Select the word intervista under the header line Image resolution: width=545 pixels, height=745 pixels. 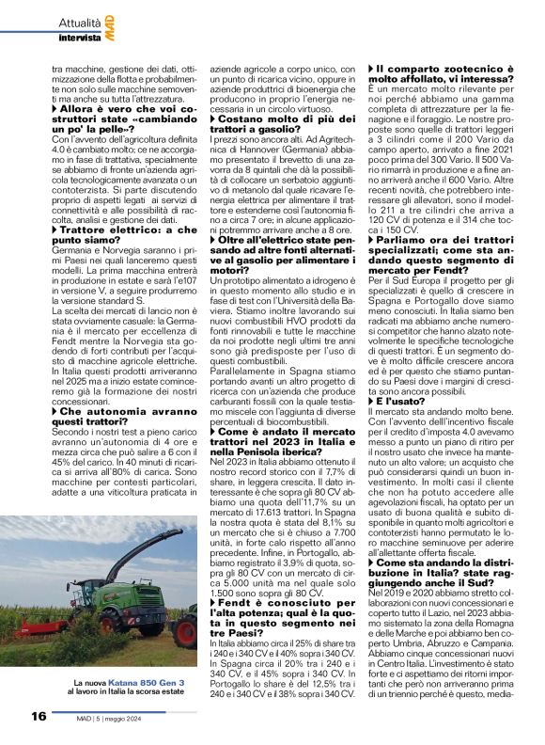pyautogui.click(x=79, y=39)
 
